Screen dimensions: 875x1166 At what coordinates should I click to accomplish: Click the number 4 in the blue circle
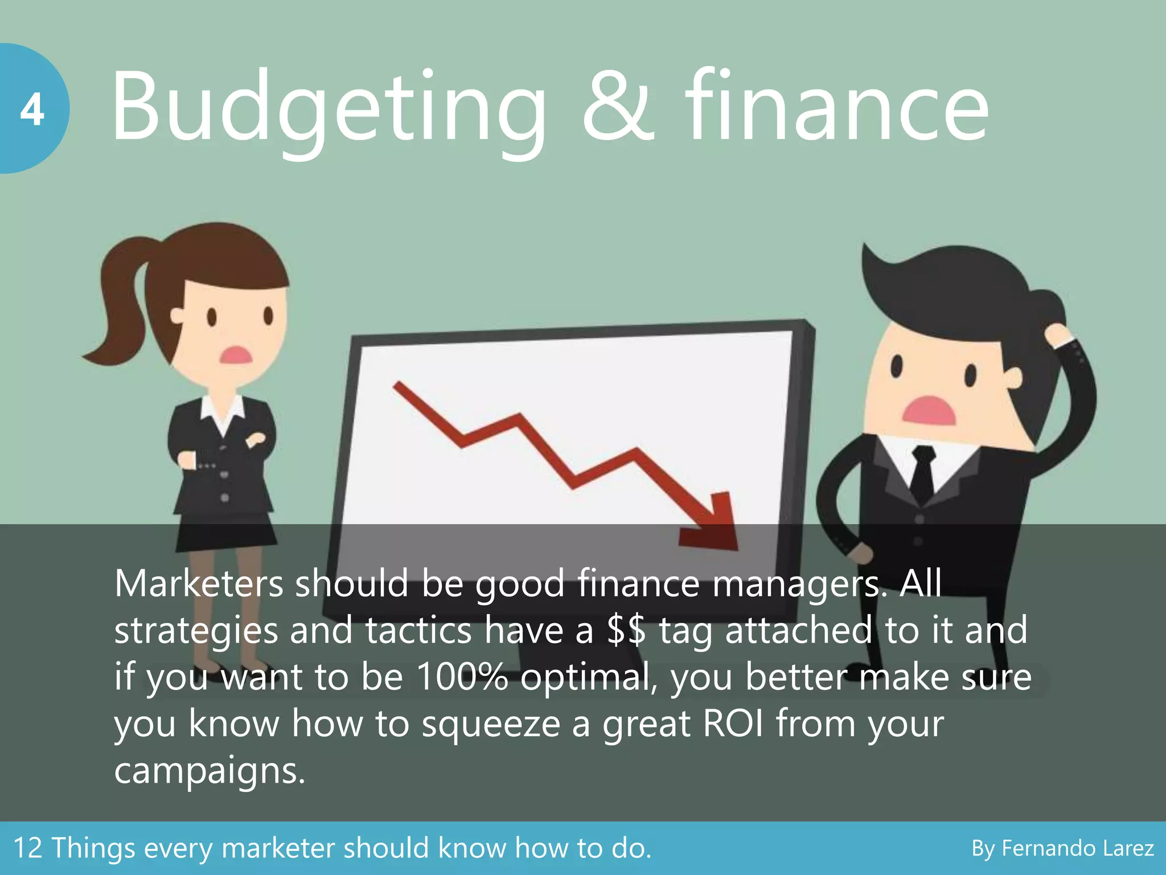pos(32,109)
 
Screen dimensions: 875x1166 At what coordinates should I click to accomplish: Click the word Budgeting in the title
pos(327,108)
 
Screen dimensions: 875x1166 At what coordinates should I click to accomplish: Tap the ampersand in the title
pos(618,108)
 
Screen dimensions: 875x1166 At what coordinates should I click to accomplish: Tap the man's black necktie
pos(922,473)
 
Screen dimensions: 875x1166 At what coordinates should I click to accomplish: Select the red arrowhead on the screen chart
pos(712,521)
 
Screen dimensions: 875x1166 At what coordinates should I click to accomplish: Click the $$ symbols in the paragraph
pos(626,630)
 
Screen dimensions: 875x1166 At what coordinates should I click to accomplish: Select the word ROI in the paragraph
pos(732,723)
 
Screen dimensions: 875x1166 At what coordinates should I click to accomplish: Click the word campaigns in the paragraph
pos(209,771)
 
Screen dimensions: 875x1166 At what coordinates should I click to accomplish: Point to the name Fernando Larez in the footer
pos(1077,849)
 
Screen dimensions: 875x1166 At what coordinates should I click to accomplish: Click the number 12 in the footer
pos(27,848)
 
